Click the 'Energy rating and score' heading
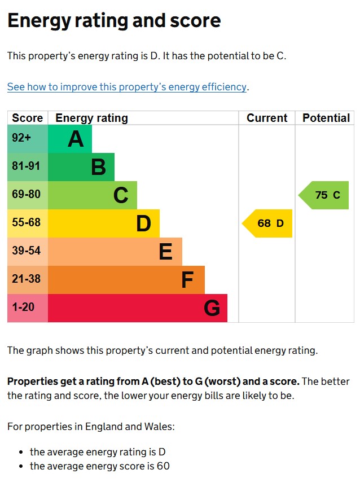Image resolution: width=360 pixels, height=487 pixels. coord(113,21)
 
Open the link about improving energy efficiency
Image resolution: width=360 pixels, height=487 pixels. coord(127,87)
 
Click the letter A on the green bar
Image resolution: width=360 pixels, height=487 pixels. coord(76,139)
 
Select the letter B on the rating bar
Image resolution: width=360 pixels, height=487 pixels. coord(98,167)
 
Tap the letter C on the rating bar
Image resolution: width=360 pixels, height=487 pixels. coord(121,195)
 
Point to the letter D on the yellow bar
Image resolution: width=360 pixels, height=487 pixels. coord(143,223)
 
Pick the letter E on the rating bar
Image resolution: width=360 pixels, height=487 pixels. coord(165,252)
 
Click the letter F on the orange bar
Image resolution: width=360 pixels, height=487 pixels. coord(187,280)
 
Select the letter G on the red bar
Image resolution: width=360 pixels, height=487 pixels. coord(212,308)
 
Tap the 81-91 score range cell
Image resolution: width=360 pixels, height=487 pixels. coord(27,167)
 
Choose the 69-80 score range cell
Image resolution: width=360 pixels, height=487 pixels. coord(27,195)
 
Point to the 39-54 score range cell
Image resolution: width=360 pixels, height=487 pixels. coord(27,252)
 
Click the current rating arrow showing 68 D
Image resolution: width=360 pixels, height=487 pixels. coord(269,223)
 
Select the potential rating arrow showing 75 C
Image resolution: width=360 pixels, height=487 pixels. coord(325,195)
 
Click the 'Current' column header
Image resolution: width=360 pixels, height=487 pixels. coord(267,118)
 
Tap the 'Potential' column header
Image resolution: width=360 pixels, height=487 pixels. coord(326,118)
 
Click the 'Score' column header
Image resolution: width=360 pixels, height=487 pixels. coord(27,118)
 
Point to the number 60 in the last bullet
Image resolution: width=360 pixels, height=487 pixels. coord(163,466)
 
